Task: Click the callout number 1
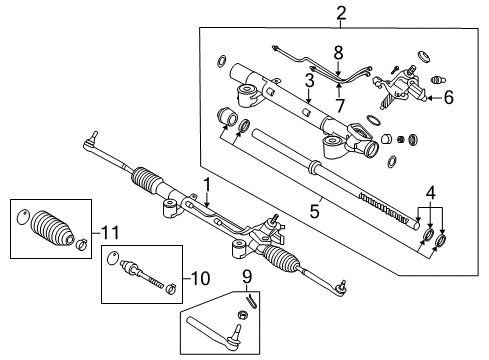206,184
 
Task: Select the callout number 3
311,78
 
